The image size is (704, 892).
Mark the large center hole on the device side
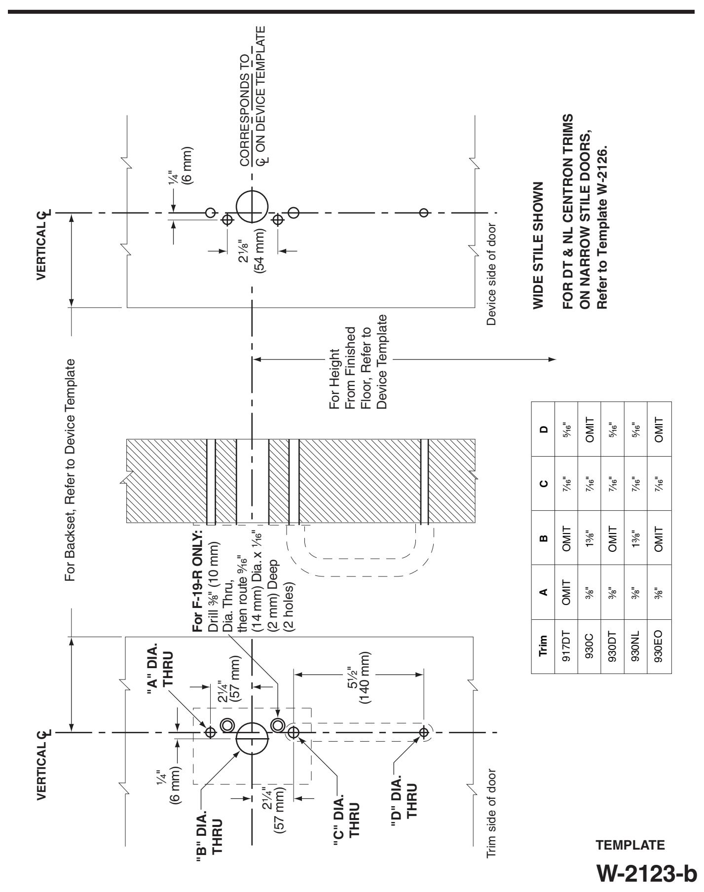(252, 208)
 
